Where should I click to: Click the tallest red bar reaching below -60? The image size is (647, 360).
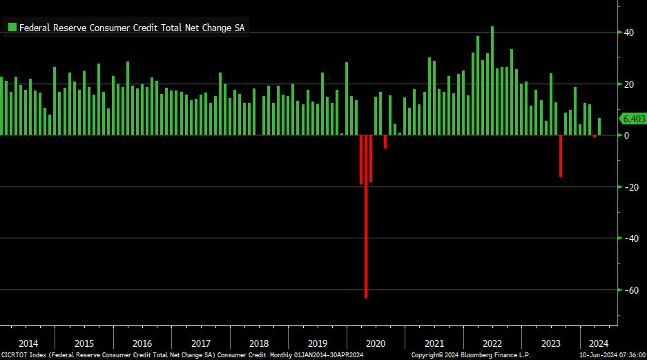pyautogui.click(x=366, y=221)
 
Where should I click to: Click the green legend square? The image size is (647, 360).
pyautogui.click(x=12, y=28)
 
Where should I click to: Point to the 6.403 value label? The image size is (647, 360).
pyautogui.click(x=633, y=119)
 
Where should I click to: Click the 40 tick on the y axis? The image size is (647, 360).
pyautogui.click(x=629, y=32)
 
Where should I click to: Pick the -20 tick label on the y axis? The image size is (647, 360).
pyautogui.click(x=628, y=187)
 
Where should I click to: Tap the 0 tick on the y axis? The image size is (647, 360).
pyautogui.click(x=626, y=135)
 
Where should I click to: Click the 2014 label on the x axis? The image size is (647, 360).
pyautogui.click(x=28, y=343)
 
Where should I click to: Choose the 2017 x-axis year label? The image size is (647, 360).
pyautogui.click(x=200, y=343)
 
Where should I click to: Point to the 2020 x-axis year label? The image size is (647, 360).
pyautogui.click(x=375, y=343)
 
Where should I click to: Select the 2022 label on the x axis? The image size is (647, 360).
pyautogui.click(x=492, y=343)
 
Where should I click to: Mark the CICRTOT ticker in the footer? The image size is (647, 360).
pyautogui.click(x=16, y=355)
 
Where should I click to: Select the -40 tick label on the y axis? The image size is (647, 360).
pyautogui.click(x=628, y=238)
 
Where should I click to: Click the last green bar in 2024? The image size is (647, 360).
pyautogui.click(x=599, y=127)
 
